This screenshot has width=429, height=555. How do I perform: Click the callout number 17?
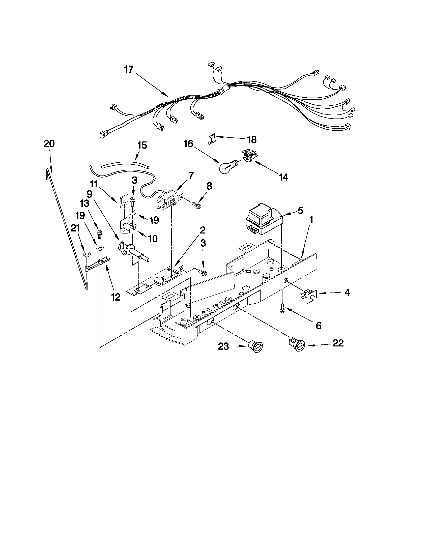129,69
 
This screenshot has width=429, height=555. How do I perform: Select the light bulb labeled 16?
228,166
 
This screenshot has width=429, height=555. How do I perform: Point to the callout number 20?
49,144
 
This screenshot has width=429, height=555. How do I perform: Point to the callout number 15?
142,145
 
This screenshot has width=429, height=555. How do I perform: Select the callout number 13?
85,203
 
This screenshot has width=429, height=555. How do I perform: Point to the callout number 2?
202,230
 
